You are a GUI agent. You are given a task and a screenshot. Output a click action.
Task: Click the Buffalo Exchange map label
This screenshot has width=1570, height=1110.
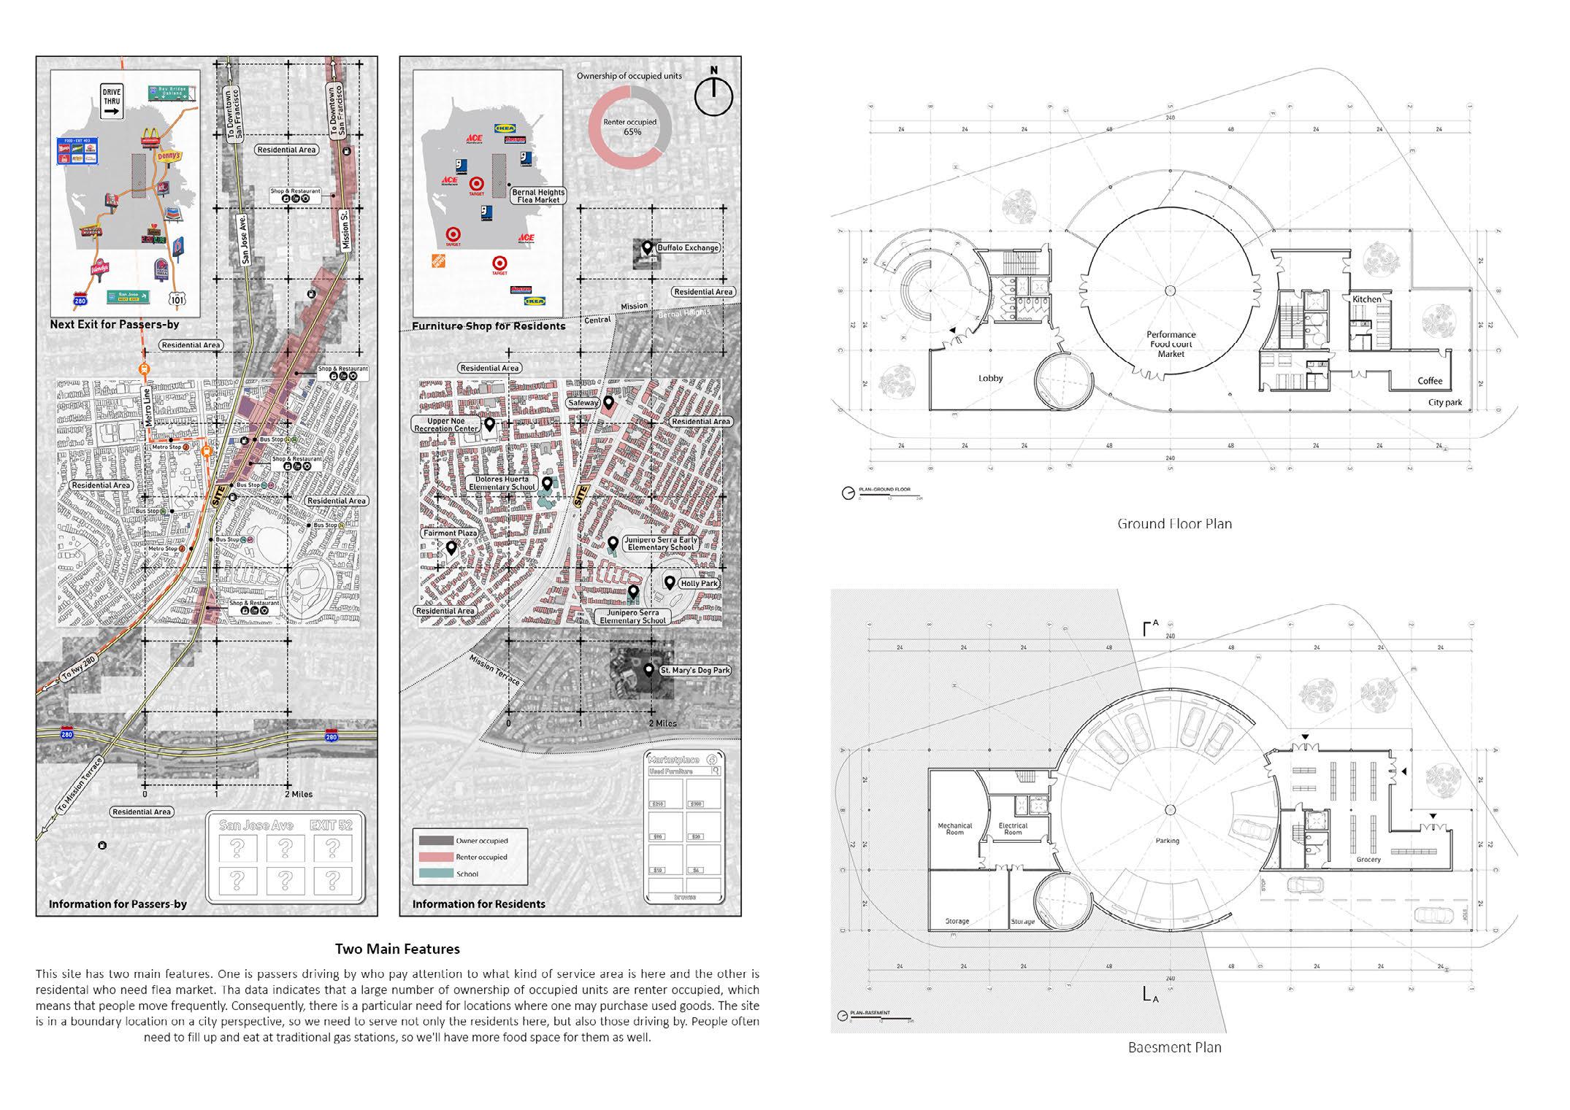[x=688, y=247]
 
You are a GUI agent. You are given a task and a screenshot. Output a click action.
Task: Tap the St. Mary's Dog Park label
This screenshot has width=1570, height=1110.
[x=694, y=670]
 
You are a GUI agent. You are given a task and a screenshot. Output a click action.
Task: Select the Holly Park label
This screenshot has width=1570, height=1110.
[x=699, y=583]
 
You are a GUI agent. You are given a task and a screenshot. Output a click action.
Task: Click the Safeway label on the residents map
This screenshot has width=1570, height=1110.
[x=583, y=403]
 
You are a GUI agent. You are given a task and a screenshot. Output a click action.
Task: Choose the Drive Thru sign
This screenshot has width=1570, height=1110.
[x=112, y=101]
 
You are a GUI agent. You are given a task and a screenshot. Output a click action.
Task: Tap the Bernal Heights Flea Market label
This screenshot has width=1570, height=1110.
[x=538, y=196]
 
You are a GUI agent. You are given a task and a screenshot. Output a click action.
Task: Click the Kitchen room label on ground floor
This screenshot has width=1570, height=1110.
[x=1366, y=299]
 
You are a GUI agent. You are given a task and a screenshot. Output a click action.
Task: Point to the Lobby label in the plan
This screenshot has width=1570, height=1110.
[x=991, y=378]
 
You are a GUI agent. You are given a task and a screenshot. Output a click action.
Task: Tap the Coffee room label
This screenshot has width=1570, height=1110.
[x=1430, y=381]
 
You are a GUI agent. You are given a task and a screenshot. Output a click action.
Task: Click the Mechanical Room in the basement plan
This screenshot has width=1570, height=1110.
[x=954, y=828]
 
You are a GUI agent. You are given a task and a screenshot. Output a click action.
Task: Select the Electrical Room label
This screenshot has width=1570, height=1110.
[x=1013, y=828]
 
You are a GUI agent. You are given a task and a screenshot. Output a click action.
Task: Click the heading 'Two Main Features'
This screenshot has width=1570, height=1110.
[x=397, y=949]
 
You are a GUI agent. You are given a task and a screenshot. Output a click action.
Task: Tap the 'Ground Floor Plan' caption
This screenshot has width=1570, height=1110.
[x=1174, y=523]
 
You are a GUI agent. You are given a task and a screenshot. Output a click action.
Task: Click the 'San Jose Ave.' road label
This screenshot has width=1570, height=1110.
[x=246, y=239]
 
